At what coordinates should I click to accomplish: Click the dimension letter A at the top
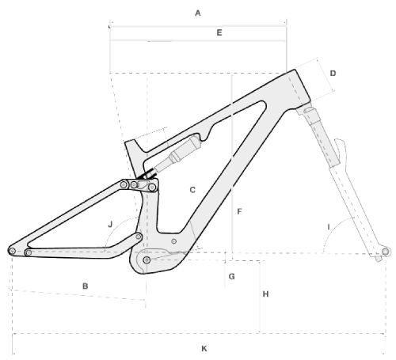coord(198,13)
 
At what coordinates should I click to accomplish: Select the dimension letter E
coord(219,32)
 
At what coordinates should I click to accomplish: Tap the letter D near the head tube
coord(333,73)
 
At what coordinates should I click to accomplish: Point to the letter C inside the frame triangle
coord(192,190)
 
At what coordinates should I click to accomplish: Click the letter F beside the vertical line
coord(239,211)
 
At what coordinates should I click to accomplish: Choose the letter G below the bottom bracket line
coord(231,276)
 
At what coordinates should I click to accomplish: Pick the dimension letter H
coord(265,294)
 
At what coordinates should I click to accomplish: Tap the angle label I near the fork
coord(329,227)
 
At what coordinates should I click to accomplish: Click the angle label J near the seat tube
coord(110,225)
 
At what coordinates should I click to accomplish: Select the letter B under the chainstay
coord(86,286)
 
